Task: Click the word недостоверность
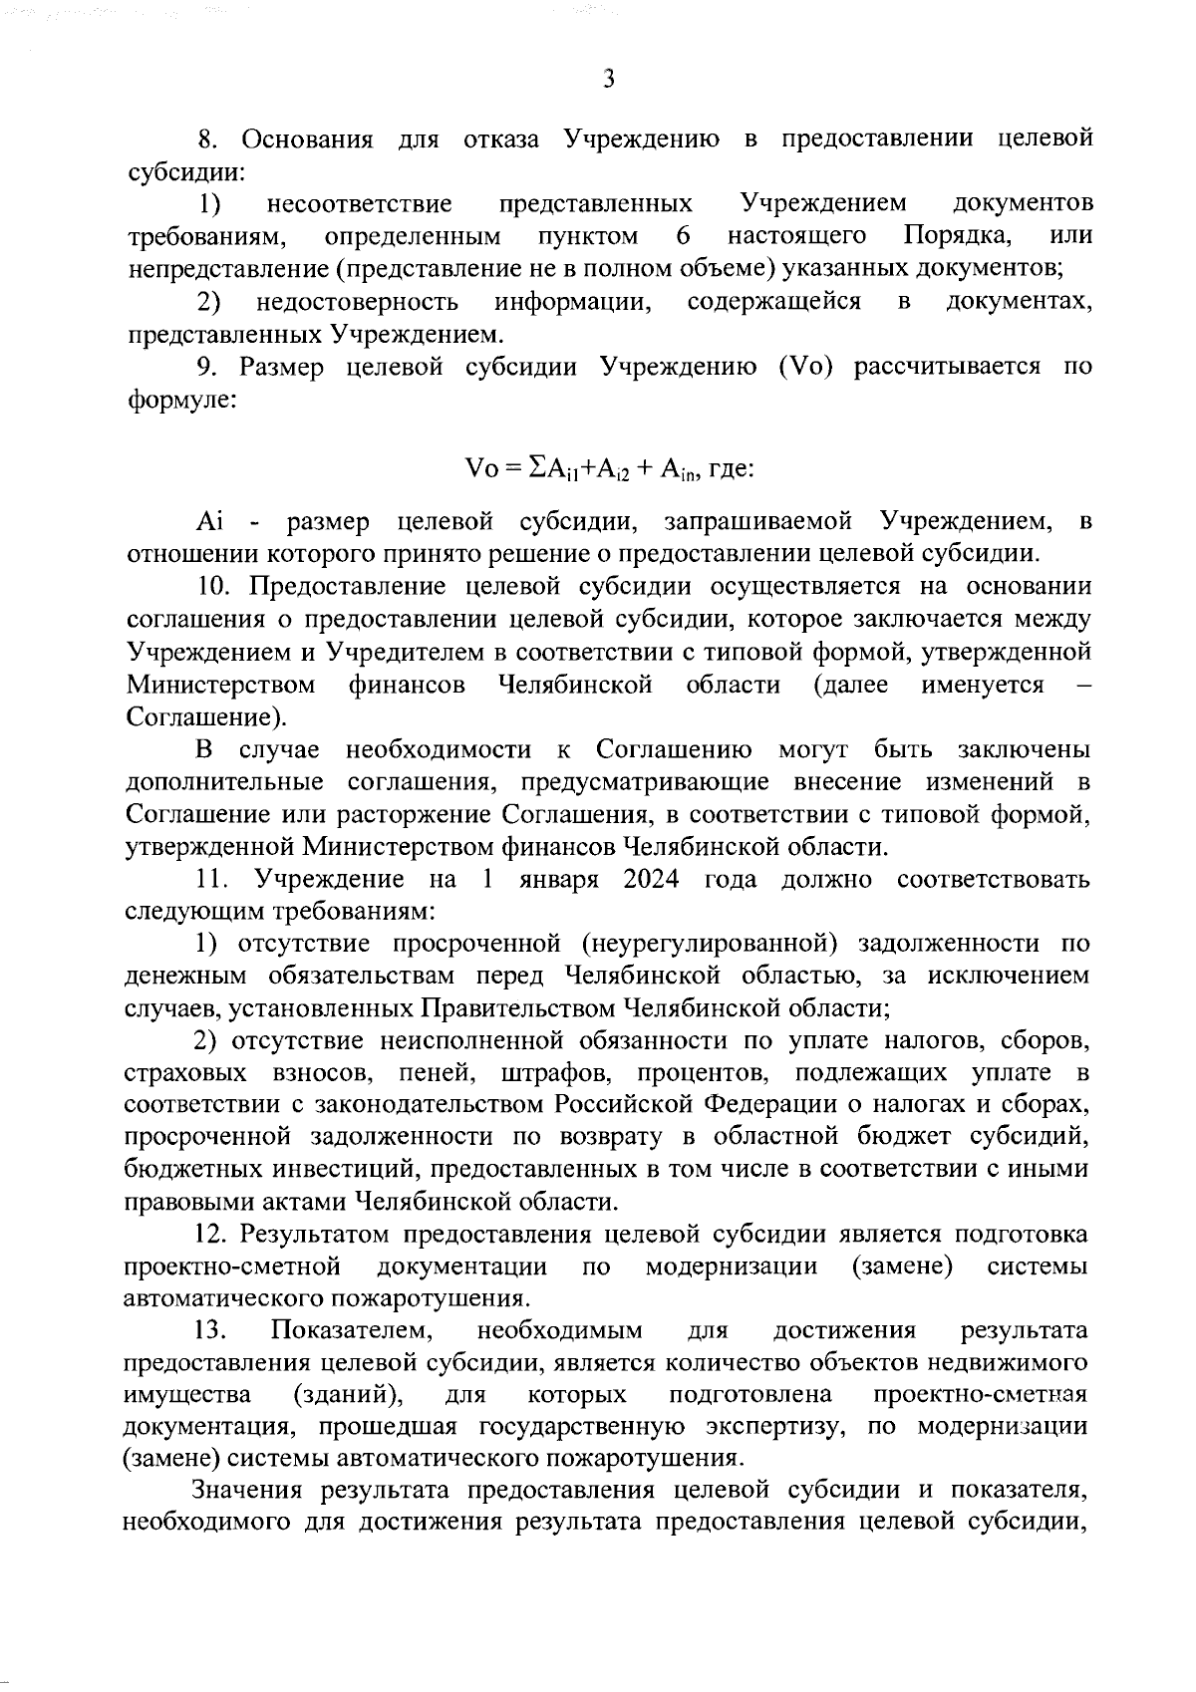coord(356,302)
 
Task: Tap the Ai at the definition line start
coord(211,521)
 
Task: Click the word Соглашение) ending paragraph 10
coord(206,717)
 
